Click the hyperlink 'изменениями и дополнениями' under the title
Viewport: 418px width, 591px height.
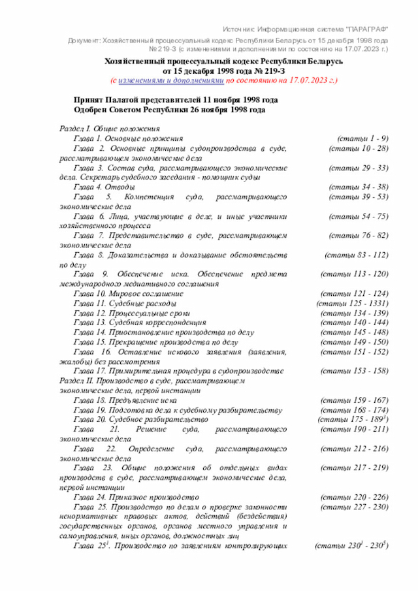[x=172, y=80]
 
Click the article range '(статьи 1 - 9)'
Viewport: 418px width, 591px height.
[x=362, y=138]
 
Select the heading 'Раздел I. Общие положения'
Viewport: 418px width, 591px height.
[x=105, y=129]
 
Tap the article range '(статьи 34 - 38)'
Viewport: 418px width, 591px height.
[x=359, y=187]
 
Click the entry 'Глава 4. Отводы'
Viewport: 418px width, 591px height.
[x=104, y=187]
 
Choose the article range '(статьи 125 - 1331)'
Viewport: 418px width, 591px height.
[x=353, y=304]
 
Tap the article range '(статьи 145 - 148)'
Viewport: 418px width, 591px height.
[x=356, y=332]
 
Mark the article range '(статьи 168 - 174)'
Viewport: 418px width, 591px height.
[x=356, y=409]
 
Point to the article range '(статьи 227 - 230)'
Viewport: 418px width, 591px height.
[x=356, y=506]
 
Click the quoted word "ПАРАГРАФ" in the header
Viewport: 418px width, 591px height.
[x=365, y=29]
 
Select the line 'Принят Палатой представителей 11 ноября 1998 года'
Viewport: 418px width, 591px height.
[x=176, y=100]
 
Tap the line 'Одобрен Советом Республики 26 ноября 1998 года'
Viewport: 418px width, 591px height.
[x=170, y=110]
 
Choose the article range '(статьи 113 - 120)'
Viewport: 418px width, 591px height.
[x=356, y=274]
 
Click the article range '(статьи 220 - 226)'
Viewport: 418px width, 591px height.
[x=356, y=496]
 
